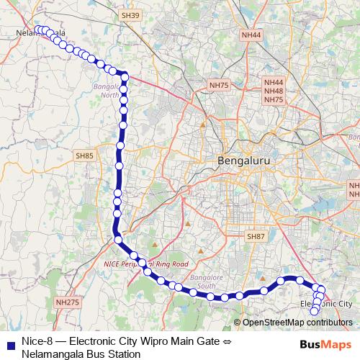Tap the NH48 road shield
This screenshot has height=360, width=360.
click(x=274, y=91)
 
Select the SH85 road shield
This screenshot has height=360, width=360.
click(x=84, y=155)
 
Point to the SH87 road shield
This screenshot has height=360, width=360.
click(x=256, y=236)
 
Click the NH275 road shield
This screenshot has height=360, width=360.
click(x=66, y=304)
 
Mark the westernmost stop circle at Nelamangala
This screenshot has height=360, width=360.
click(x=37, y=30)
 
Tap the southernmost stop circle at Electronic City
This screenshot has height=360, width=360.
click(x=314, y=311)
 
